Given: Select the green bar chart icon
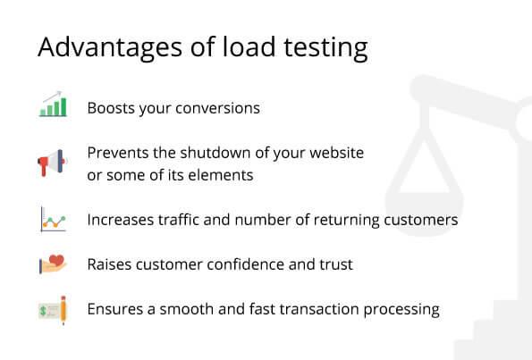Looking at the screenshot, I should [x=54, y=105].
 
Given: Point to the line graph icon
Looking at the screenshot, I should [x=54, y=219].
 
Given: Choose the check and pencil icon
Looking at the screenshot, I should [x=54, y=310].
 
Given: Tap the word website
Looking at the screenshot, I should [x=333, y=153].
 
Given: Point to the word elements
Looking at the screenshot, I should [x=223, y=175].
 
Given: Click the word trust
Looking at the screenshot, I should [x=335, y=264].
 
